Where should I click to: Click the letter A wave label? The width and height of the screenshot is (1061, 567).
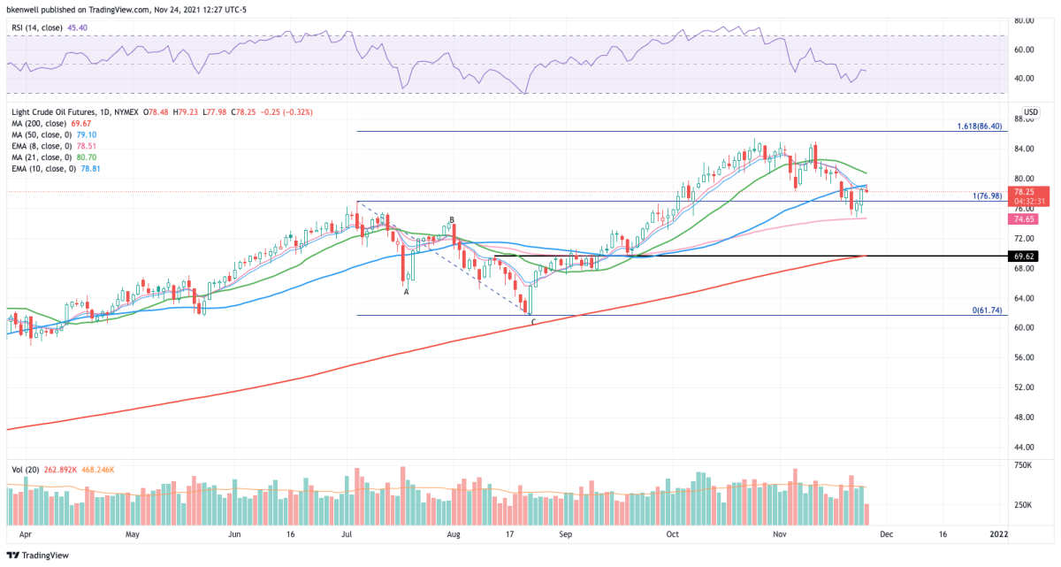[406, 291]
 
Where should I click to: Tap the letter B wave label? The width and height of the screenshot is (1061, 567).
[452, 219]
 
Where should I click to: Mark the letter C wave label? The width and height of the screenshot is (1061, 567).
[533, 322]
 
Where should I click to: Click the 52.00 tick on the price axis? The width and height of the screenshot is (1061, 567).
[1023, 387]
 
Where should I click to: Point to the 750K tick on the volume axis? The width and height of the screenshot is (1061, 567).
[1021, 464]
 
